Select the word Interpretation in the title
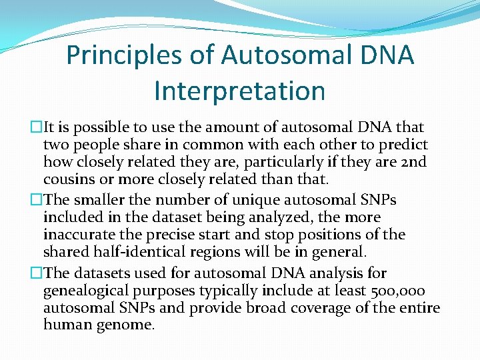239,91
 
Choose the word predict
405,145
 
